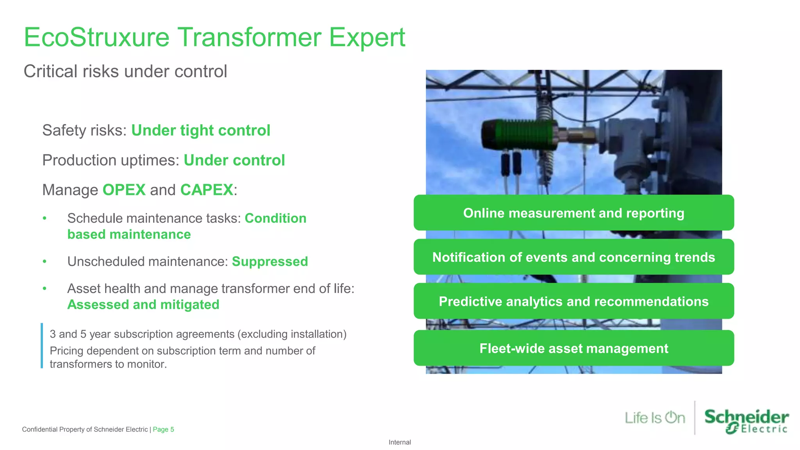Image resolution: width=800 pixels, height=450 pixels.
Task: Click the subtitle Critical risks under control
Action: (x=125, y=71)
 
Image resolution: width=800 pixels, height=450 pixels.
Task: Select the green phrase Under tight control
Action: (x=200, y=130)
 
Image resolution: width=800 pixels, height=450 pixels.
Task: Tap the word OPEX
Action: (x=124, y=190)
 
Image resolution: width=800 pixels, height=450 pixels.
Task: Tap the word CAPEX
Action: (x=207, y=190)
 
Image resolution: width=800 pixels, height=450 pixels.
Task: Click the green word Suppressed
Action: (x=270, y=261)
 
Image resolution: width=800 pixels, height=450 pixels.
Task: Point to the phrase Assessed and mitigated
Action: (x=143, y=305)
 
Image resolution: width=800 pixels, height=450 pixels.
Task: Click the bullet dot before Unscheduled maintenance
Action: (x=45, y=261)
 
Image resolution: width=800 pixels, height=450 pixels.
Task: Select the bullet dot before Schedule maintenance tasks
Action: (x=45, y=218)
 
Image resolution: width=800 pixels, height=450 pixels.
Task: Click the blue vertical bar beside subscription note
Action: (x=42, y=346)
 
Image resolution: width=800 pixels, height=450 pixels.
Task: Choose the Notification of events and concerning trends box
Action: (x=573, y=257)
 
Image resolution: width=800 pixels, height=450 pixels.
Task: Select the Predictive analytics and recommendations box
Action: (x=573, y=301)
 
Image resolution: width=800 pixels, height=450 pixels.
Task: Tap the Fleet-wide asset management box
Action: (x=573, y=348)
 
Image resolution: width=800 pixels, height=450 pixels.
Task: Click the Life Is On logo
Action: (x=655, y=418)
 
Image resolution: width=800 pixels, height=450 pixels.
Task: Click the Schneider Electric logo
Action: (x=746, y=421)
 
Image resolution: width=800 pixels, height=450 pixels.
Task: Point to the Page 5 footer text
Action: (x=163, y=429)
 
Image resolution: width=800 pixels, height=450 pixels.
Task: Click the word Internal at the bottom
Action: (x=400, y=442)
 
